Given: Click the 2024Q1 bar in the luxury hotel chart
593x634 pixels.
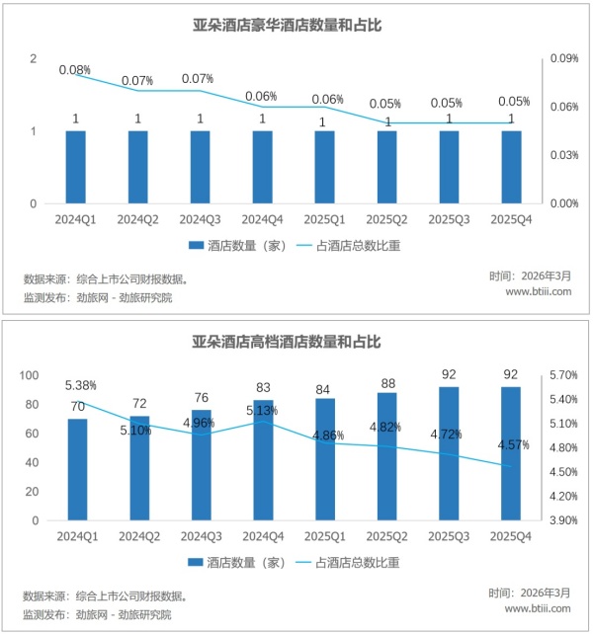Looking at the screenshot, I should [x=75, y=167].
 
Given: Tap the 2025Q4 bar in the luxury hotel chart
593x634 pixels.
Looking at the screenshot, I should [x=510, y=167].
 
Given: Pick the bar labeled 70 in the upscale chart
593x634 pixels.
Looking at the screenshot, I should [x=77, y=469].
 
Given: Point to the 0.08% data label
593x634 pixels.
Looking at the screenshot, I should [x=75, y=70].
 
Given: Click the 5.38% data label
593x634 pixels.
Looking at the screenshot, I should [x=80, y=385].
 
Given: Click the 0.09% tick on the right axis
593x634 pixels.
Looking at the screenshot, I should [x=564, y=59].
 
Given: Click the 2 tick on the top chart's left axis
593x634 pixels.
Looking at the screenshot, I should [x=33, y=59].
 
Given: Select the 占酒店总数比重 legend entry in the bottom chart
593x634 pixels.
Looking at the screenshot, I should [x=357, y=562].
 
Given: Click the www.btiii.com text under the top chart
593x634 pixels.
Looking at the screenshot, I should [x=539, y=292].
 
